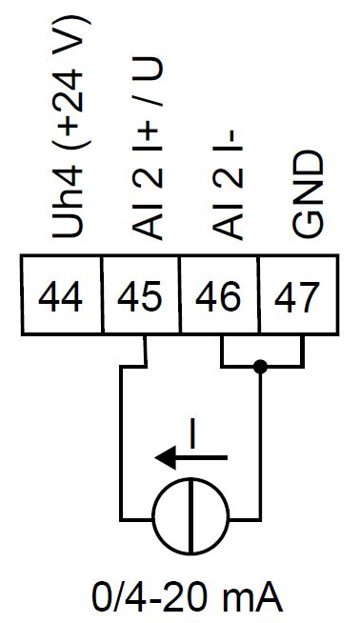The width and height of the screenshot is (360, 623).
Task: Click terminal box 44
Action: coord(61,298)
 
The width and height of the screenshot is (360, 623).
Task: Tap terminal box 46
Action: coord(220,298)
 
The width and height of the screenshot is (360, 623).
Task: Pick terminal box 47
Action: coord(297,298)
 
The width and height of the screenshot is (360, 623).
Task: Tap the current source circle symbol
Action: coord(190,520)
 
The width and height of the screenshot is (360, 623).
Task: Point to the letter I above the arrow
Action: coord(192,433)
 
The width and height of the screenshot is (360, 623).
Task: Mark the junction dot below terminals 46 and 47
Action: coord(260,366)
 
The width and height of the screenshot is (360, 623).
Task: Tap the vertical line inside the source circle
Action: coord(190,520)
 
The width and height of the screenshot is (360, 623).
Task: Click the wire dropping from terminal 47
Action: coord(303,351)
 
